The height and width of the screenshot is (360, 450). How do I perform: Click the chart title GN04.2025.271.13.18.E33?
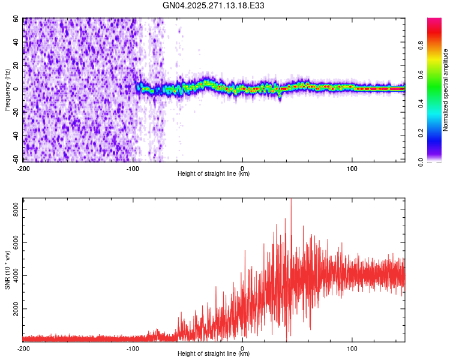click(214, 5)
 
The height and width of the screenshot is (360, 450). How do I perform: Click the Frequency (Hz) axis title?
click(7, 90)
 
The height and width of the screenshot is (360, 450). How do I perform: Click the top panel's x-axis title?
click(214, 173)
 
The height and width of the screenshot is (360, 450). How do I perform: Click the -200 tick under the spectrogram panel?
click(24, 168)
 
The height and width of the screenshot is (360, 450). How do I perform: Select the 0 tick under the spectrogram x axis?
click(242, 168)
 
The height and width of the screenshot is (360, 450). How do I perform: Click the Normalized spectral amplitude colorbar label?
click(446, 90)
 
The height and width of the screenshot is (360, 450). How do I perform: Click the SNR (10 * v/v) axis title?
click(7, 270)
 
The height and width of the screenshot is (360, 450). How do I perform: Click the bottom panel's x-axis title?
click(214, 353)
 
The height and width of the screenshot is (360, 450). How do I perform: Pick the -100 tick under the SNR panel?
click(133, 348)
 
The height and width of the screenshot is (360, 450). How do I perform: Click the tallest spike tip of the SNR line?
click(291, 200)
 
